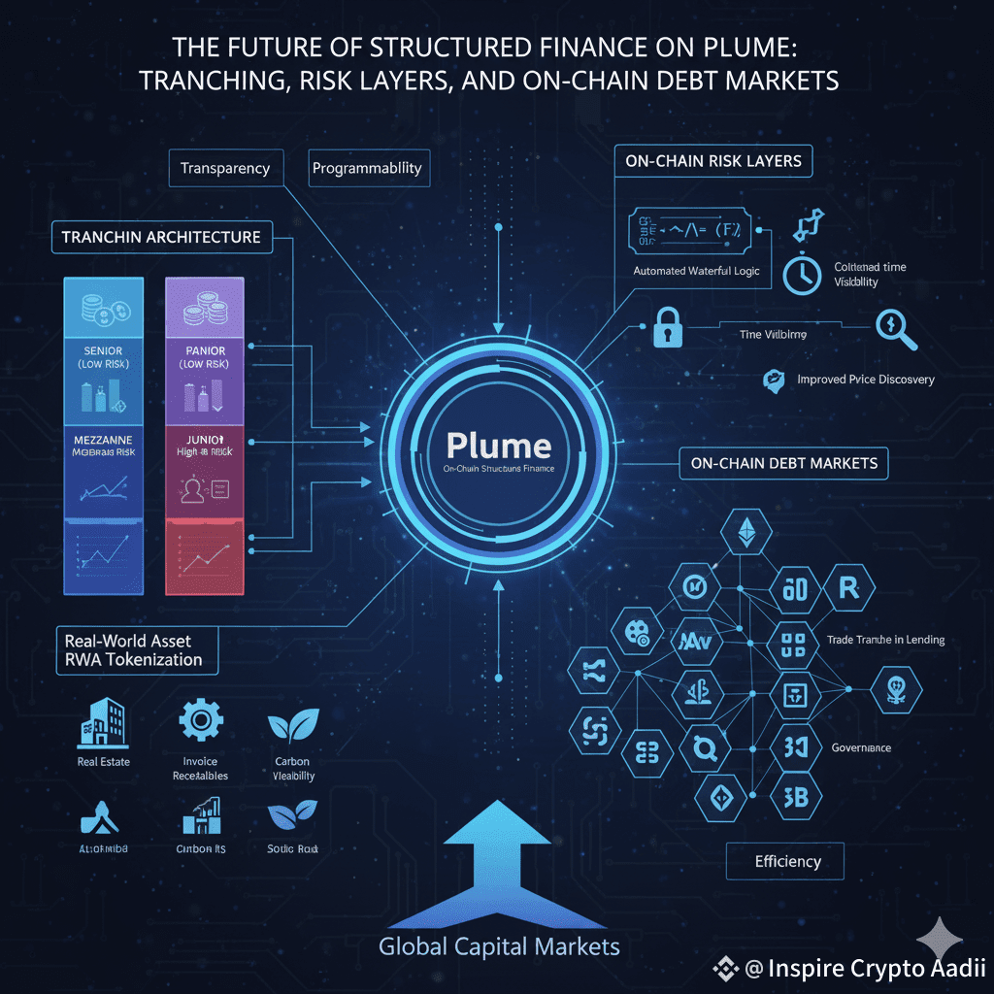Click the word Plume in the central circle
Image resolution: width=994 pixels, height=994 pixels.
(498, 446)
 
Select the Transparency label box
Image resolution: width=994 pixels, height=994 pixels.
(225, 168)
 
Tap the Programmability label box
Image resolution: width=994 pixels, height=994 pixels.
(367, 168)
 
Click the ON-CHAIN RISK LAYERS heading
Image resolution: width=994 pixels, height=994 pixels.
(713, 161)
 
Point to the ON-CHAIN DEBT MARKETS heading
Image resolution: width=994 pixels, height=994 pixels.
(783, 463)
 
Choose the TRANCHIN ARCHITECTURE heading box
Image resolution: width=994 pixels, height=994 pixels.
(161, 237)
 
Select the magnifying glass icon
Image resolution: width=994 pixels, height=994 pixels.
(897, 328)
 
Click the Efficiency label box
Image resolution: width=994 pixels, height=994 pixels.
(786, 861)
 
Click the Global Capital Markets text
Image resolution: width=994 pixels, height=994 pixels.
(499, 946)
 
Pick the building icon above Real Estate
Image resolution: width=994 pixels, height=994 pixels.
(103, 723)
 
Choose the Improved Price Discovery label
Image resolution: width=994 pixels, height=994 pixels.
(865, 379)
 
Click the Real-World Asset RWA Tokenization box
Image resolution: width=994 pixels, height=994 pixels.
(134, 650)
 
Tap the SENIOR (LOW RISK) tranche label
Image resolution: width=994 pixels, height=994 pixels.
(103, 357)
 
